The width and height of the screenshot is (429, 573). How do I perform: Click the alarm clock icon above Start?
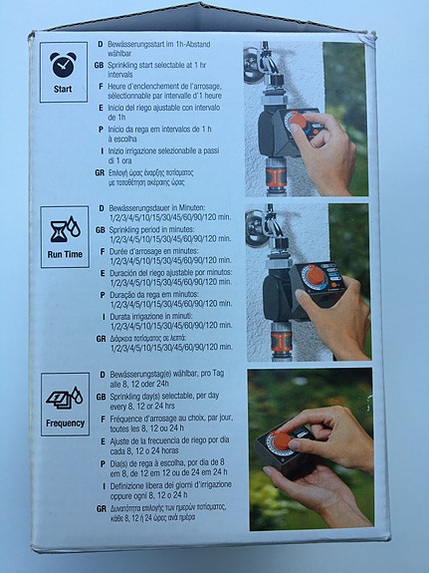[x=63, y=65]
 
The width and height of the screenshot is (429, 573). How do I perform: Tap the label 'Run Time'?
[x=65, y=255]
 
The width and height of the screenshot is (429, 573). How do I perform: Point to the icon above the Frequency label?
[x=64, y=398]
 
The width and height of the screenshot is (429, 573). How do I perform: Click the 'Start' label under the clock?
[x=63, y=89]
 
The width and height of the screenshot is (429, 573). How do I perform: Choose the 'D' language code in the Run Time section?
[x=101, y=211]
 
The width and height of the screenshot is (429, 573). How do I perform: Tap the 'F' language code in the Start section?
[x=101, y=86]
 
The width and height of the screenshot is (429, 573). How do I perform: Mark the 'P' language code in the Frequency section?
[x=101, y=462]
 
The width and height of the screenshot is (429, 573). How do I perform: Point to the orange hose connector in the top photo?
[x=276, y=178]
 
